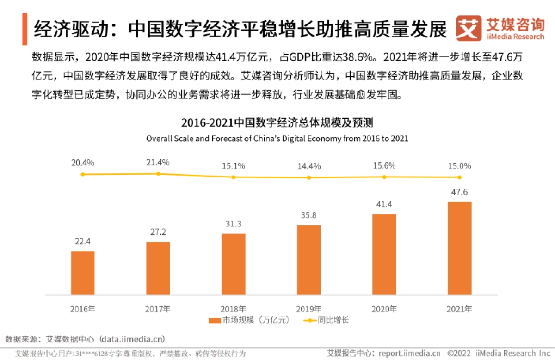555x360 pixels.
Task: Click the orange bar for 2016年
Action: tap(83, 273)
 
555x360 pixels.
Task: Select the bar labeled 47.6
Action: tap(460, 248)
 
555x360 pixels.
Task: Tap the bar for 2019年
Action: tap(309, 260)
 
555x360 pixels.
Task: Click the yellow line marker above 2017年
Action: tap(158, 174)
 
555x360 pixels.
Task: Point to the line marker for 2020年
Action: tap(384, 177)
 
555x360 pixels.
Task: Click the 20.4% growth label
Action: tap(83, 163)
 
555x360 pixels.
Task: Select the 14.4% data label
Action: tap(309, 166)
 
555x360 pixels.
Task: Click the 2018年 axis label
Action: tap(234, 309)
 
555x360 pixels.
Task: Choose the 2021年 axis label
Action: tap(459, 309)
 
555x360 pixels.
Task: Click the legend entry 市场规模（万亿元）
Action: tap(249, 320)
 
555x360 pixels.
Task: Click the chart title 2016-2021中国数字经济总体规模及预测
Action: tap(277, 123)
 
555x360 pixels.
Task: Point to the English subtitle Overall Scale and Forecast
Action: tap(277, 138)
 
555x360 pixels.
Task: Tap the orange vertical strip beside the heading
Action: tap(24, 29)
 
